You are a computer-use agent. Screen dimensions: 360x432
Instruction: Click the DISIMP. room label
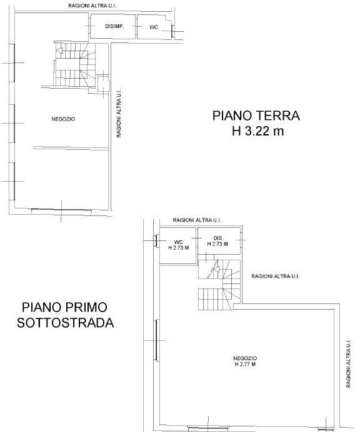(114, 26)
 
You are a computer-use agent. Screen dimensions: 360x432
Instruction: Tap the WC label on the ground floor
(154, 27)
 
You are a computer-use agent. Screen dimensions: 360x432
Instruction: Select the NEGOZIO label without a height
(63, 119)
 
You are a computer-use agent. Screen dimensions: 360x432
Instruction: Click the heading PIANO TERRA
(256, 115)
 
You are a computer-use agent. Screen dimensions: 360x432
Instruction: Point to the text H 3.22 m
(257, 131)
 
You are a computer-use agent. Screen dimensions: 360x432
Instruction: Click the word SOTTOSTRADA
(66, 323)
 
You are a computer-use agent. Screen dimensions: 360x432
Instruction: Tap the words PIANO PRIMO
(64, 307)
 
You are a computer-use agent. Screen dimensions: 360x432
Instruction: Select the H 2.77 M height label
(245, 364)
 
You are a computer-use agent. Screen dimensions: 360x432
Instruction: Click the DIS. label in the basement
(218, 238)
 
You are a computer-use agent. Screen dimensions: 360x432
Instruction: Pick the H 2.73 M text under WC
(179, 248)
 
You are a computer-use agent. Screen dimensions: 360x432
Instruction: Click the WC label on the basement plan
(179, 242)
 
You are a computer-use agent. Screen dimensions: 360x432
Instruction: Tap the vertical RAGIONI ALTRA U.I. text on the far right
(348, 363)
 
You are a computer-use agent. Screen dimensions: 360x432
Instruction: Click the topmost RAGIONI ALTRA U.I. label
(92, 6)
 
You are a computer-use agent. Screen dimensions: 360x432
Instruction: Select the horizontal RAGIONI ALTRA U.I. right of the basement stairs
(275, 276)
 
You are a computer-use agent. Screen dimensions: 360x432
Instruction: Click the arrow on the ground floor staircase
(59, 51)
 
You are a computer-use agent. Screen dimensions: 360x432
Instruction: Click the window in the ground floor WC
(173, 31)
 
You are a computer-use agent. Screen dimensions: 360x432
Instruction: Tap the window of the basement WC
(156, 241)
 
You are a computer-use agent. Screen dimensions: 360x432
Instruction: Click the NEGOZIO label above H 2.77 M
(245, 358)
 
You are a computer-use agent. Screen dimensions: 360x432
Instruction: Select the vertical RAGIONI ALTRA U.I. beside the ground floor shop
(119, 113)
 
